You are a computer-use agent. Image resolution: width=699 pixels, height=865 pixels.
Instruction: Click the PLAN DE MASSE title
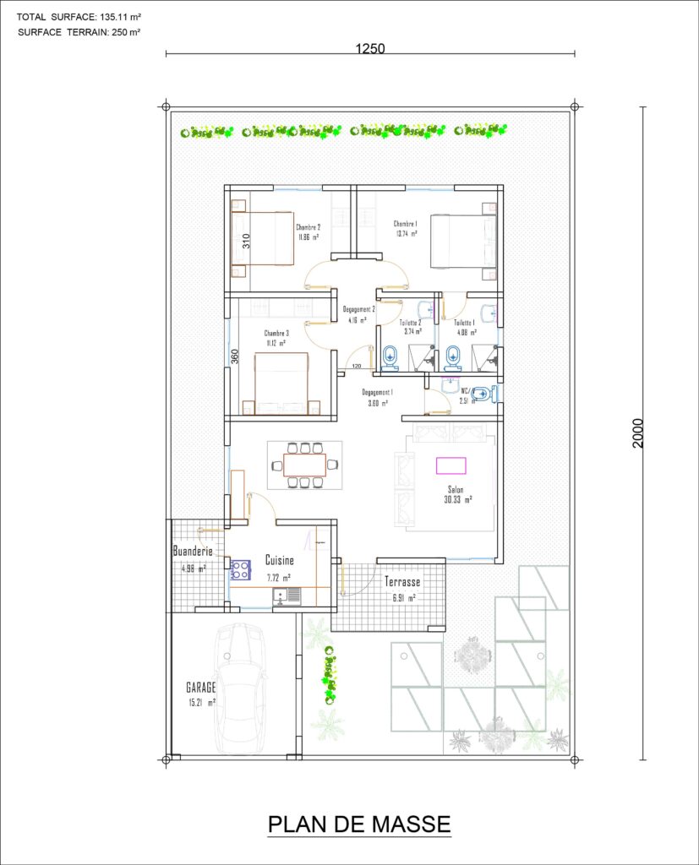359,824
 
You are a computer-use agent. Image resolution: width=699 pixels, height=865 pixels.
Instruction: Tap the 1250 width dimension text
370,48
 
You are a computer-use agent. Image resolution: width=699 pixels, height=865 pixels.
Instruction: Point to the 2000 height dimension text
639,433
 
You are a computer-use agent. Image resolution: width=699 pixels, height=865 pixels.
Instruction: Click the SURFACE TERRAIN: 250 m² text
79,32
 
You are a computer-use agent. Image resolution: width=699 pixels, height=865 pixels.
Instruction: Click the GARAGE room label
201,687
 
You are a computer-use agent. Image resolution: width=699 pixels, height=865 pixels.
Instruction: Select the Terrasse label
402,582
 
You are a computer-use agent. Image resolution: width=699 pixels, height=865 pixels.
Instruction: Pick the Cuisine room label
280,560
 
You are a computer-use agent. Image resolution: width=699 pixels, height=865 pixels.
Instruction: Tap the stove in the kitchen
239,569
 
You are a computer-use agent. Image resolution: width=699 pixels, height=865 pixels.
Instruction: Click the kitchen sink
287,596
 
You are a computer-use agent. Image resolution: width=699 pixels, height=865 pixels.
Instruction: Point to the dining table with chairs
304,465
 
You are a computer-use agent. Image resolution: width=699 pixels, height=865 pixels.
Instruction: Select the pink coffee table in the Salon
451,465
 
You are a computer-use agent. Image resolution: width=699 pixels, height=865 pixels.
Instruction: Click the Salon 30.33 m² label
456,494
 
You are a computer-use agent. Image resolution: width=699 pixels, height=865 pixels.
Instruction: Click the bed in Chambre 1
463,242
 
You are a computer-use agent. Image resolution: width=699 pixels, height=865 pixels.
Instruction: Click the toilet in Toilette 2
390,356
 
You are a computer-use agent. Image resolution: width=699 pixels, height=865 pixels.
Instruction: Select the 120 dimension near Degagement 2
357,367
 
